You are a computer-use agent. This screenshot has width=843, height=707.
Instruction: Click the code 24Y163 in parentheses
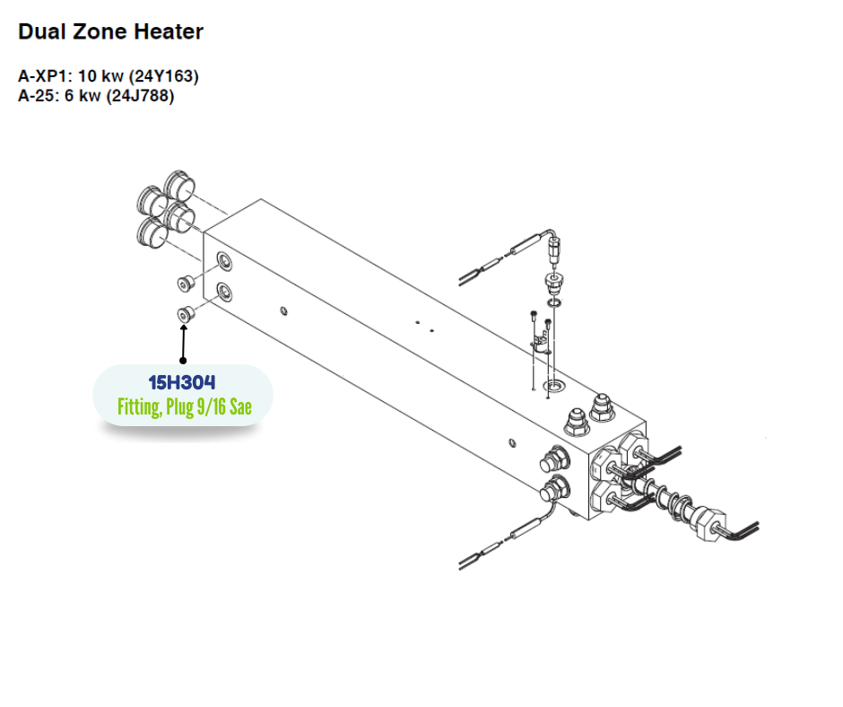tap(165, 76)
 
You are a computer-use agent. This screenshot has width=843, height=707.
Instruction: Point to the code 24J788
tap(140, 96)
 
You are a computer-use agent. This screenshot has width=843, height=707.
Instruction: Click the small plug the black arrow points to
tap(186, 314)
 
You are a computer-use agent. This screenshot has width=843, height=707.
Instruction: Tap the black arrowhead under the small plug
tap(185, 330)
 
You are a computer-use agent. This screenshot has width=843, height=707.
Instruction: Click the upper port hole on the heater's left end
tap(222, 261)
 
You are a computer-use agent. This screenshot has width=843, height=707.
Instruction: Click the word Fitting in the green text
tap(140, 407)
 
